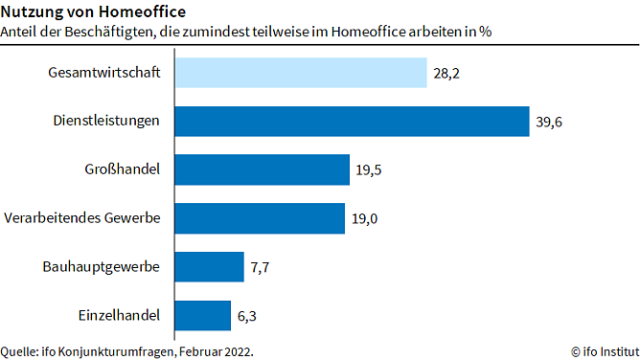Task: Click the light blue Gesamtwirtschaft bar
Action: point(300,73)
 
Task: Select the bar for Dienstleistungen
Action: point(352,121)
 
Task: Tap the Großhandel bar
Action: point(262,169)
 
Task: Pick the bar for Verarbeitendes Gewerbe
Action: point(260,218)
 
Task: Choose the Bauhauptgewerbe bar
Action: point(209,266)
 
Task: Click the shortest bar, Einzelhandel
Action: point(202,314)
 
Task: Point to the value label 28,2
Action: point(446,73)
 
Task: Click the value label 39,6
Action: point(549,122)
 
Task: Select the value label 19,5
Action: point(369,170)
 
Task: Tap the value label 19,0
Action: point(365,218)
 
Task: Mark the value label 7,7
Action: point(261,267)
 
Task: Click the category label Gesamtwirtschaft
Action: point(103,73)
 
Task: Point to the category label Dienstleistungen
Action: point(105,121)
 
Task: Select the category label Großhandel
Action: point(122,169)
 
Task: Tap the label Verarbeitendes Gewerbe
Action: point(82,218)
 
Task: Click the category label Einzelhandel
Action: point(119,314)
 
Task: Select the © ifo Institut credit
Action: point(599,350)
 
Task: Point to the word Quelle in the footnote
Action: point(18,350)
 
